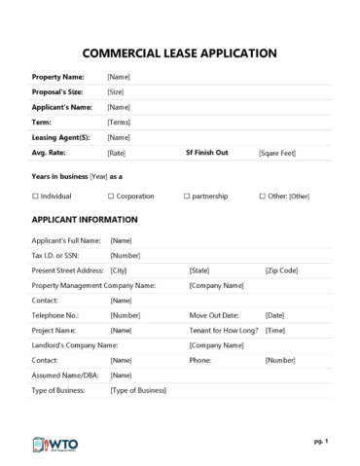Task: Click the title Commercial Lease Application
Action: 179,54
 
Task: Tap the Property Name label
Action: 57,76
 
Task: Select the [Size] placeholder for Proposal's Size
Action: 116,91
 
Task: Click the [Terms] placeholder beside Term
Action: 119,123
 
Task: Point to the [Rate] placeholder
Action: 116,154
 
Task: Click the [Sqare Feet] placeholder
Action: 278,154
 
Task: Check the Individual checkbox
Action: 35,196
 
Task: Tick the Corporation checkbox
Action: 110,196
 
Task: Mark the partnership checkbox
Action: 186,196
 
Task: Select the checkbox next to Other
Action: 262,196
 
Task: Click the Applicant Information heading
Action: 85,220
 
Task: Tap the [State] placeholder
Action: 199,269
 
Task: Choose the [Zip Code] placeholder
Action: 281,269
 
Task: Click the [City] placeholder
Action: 119,269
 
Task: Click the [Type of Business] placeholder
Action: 138,390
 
